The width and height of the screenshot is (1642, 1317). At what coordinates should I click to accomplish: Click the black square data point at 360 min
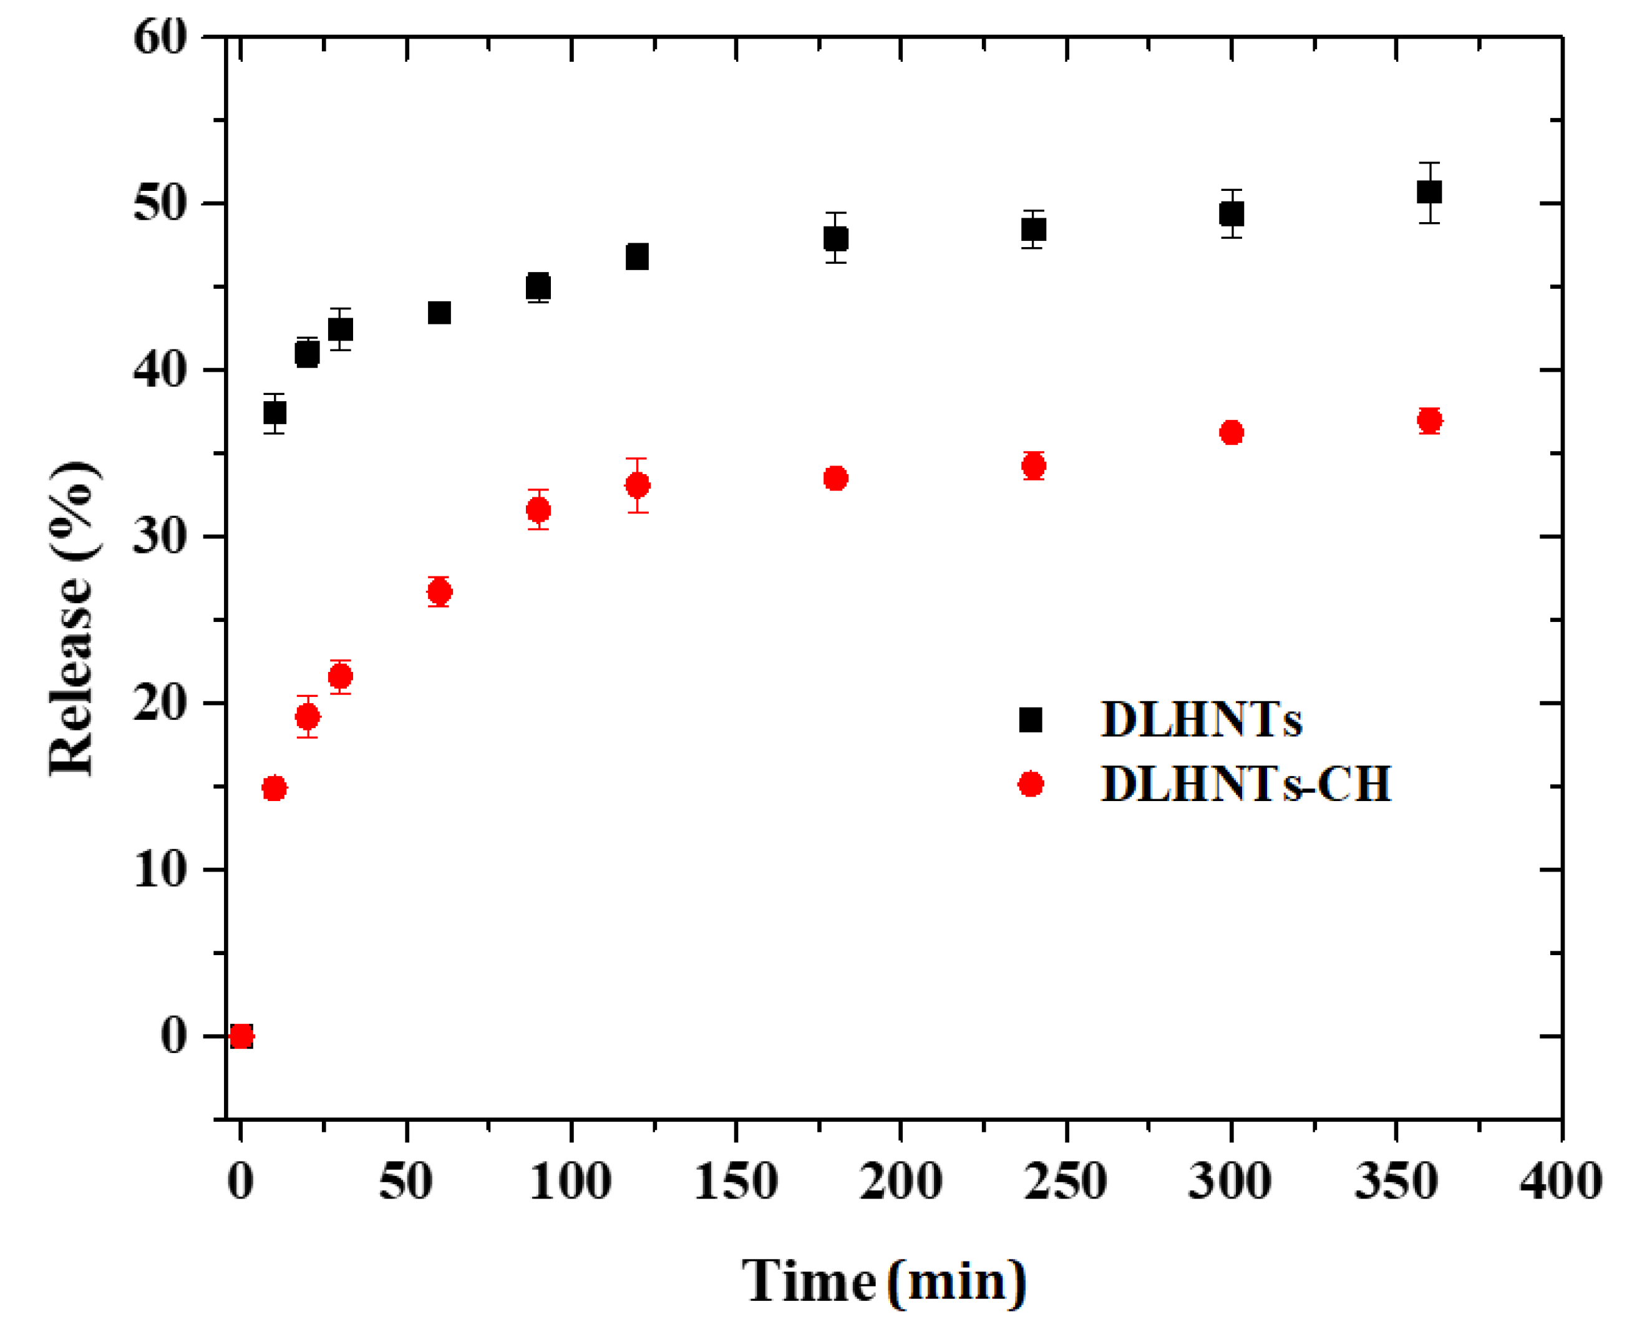pos(1429,192)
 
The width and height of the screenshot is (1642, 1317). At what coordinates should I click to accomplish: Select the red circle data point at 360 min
pos(1429,420)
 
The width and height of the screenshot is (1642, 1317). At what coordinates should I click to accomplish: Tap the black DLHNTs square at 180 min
pos(835,238)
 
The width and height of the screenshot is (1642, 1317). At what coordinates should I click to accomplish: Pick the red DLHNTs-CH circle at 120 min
pos(638,485)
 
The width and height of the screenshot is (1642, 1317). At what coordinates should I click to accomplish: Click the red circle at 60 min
pos(439,592)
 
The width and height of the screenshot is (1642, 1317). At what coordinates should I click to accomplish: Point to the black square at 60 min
pos(439,313)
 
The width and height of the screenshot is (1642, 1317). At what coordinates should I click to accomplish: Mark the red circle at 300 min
pos(1231,432)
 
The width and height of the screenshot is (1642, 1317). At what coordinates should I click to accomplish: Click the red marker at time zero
pos(241,1036)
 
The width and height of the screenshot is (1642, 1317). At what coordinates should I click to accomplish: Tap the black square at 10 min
pos(274,413)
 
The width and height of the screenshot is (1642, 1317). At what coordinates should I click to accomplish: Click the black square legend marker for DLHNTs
pos(1031,720)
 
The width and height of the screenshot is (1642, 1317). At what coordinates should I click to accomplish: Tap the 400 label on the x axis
pos(1560,1182)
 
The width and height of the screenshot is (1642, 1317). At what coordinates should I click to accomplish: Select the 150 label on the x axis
pos(736,1182)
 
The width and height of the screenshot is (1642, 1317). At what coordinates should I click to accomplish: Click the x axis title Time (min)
pos(883,1282)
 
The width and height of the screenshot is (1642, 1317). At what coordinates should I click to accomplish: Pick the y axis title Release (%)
pos(72,618)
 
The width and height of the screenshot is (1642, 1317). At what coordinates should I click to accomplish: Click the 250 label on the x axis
pos(1066,1182)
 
